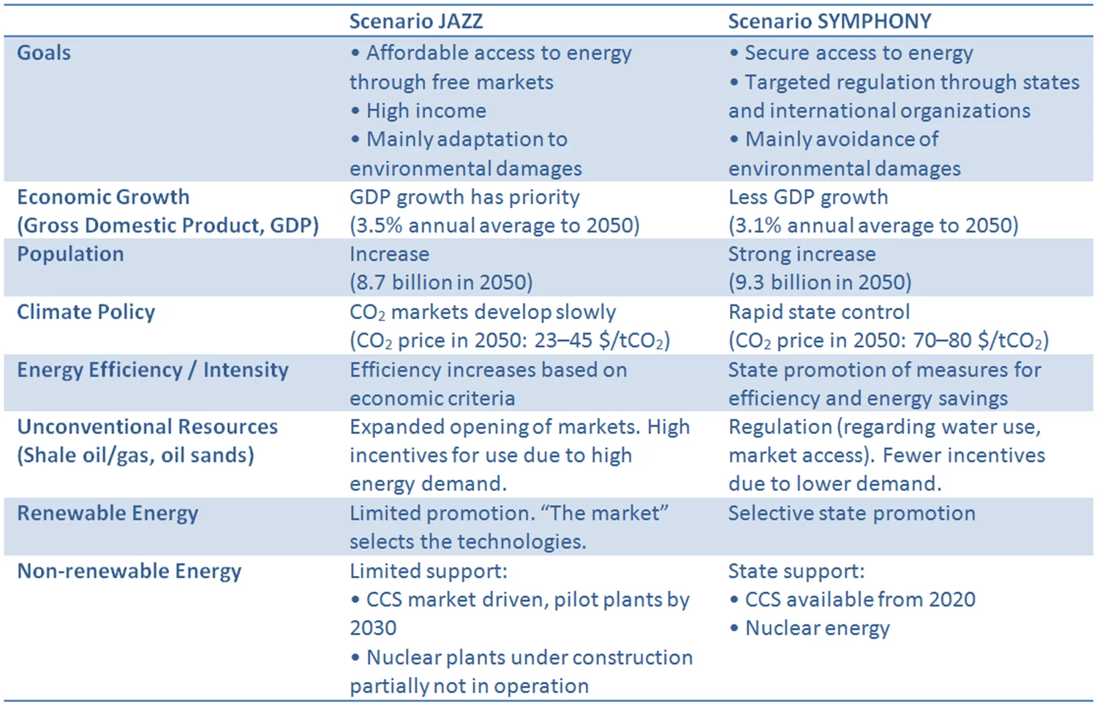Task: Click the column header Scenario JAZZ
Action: pos(415,21)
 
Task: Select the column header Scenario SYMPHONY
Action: pos(829,21)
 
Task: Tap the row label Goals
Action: pos(44,53)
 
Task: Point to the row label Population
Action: pos(70,254)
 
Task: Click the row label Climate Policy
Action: pos(86,312)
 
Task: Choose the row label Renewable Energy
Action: pos(108,513)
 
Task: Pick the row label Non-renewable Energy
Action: pos(129,571)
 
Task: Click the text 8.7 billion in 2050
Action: pos(441,282)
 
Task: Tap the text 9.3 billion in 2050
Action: pos(820,282)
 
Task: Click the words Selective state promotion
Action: pos(851,513)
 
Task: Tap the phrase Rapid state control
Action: pos(818,312)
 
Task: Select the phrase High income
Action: pos(426,111)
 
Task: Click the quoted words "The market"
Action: pos(608,513)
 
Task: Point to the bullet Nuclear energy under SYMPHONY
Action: pos(817,628)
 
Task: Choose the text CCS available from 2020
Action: pos(859,599)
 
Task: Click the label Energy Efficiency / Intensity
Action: pos(152,370)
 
